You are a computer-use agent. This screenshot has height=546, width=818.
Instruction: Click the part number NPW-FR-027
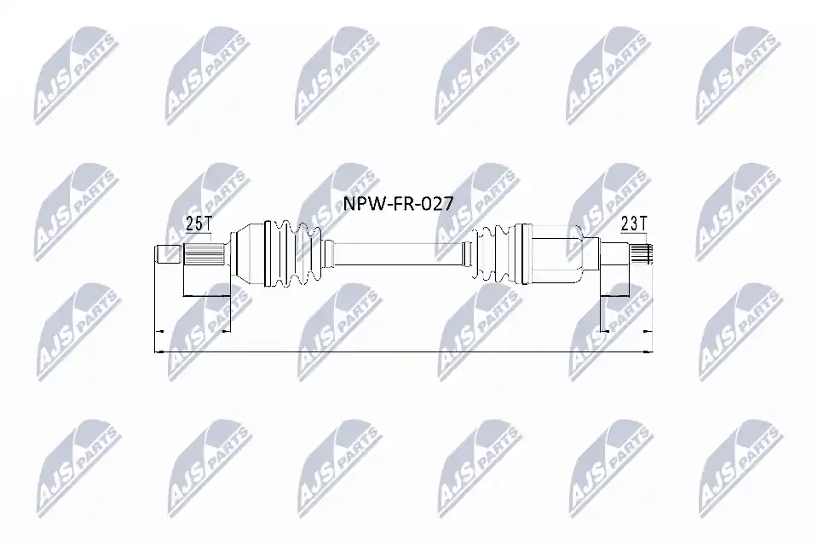coord(398,203)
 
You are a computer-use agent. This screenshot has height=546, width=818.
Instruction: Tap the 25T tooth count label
coord(199,224)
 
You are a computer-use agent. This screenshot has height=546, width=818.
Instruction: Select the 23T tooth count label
coord(634,224)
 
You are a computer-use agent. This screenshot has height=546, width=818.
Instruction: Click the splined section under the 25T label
coord(204,255)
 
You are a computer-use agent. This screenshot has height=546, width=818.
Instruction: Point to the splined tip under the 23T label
coord(641,254)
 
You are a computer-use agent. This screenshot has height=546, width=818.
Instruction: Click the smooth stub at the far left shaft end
coord(169,255)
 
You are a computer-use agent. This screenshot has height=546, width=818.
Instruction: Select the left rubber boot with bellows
coord(296,254)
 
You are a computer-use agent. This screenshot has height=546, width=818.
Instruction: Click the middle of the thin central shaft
coord(398,254)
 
